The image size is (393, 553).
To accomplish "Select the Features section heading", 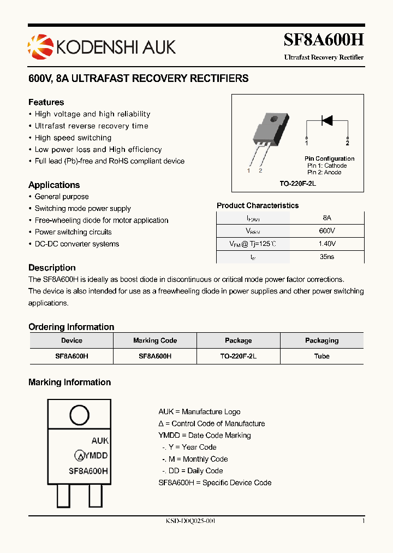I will click(x=46, y=102).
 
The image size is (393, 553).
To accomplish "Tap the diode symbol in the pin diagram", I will click(x=327, y=121).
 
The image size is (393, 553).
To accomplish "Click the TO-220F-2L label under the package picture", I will click(x=298, y=184).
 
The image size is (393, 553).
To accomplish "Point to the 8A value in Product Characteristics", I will click(x=327, y=217).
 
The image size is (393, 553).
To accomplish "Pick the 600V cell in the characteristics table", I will click(x=327, y=231).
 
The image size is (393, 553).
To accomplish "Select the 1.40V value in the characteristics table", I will click(x=327, y=244).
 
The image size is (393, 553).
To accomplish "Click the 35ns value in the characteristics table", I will click(x=327, y=257).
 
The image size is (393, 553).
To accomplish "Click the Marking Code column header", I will click(x=155, y=340).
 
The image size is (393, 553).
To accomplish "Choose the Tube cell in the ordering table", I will click(x=322, y=356).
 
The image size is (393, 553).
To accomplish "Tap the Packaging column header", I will click(x=322, y=340).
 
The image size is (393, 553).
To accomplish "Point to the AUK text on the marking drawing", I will click(x=100, y=440).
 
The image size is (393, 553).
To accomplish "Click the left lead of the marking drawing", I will click(x=64, y=497).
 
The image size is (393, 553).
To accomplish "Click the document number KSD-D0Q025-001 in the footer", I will click(x=190, y=521).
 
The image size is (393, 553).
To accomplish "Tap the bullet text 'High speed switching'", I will click(x=73, y=138).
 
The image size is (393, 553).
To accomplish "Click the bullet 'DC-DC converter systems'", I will click(x=77, y=244).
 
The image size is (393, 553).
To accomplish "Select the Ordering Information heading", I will click(x=72, y=327).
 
